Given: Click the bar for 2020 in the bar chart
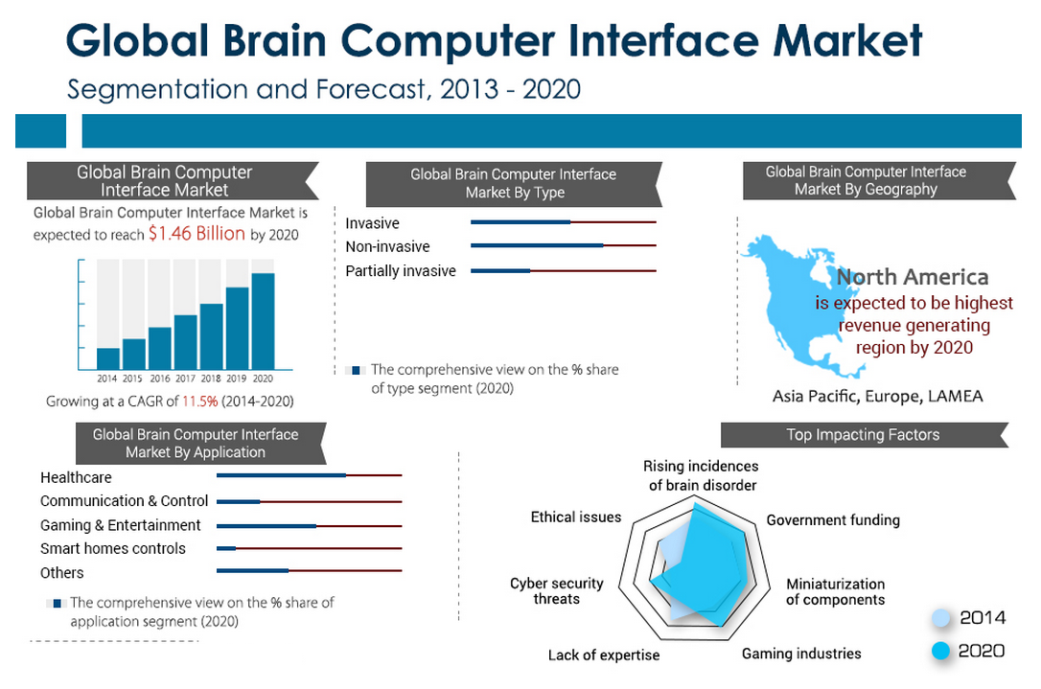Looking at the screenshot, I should coord(263,322).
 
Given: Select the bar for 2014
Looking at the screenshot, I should coord(108,359).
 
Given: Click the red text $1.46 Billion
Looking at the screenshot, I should coord(197,234).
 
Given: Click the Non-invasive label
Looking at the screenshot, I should coord(387,247).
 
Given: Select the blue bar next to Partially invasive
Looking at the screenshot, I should coord(500,271).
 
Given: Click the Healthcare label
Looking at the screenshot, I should coord(76,477).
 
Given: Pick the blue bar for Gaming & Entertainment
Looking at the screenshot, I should coord(266,525).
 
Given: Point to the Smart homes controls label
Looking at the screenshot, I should coord(113,549).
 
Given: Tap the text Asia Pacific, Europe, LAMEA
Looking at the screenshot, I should coord(877,396).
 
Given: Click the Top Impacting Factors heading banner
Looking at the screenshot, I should coord(863,435).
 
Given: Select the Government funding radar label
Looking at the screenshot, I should coord(833,520).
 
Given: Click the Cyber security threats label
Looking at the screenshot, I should coord(557,591).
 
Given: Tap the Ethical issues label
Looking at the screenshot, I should coord(576,517).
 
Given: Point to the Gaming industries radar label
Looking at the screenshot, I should coord(801,654).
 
